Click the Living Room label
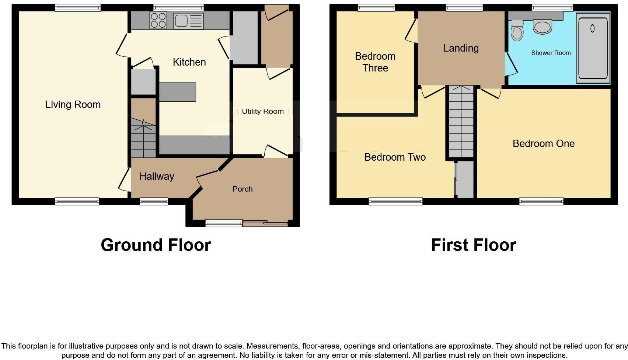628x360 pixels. click(x=73, y=105)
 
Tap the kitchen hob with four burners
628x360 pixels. click(x=158, y=21)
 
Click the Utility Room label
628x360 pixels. click(x=262, y=111)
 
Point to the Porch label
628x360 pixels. click(x=243, y=189)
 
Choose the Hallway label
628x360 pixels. click(x=157, y=176)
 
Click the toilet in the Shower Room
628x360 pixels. click(x=517, y=30)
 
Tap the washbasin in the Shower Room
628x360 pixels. click(x=542, y=27)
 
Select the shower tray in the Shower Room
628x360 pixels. click(x=593, y=48)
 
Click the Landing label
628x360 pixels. click(x=461, y=48)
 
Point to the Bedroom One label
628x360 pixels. click(x=544, y=144)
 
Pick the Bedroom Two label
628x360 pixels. click(x=395, y=157)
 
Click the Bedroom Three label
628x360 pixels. click(x=375, y=62)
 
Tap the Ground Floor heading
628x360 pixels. click(x=156, y=245)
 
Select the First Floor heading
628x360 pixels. click(x=474, y=245)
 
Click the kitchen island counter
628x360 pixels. click(x=177, y=92)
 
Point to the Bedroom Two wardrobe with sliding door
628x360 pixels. click(x=464, y=179)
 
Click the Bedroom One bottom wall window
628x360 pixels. click(x=541, y=201)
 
